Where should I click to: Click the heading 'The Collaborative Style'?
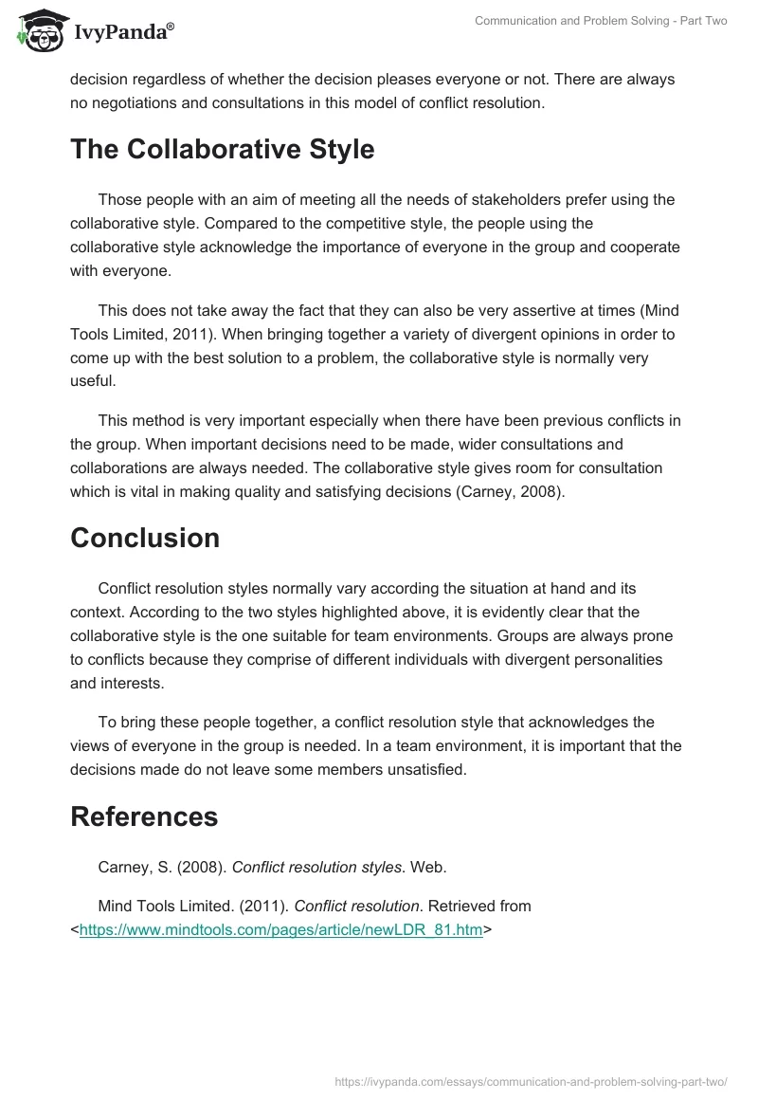tap(223, 150)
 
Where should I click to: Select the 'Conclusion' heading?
tap(145, 538)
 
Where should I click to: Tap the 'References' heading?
tap(144, 816)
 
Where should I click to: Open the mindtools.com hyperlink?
tap(280, 930)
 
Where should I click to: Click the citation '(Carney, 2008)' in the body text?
tap(509, 490)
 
